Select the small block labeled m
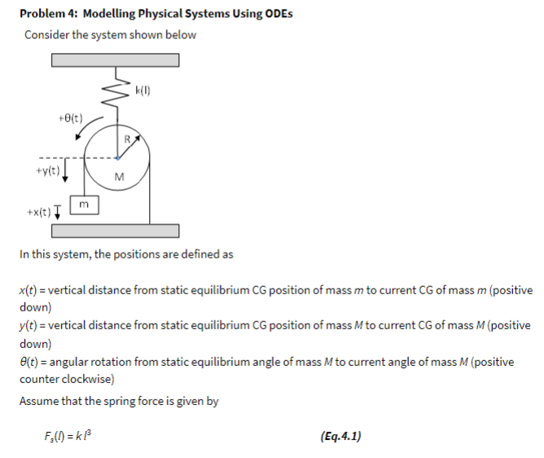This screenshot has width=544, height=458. click(85, 203)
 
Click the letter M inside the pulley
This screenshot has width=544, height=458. click(119, 178)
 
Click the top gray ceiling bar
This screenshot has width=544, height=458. click(115, 60)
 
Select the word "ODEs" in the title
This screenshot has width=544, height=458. click(276, 14)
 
